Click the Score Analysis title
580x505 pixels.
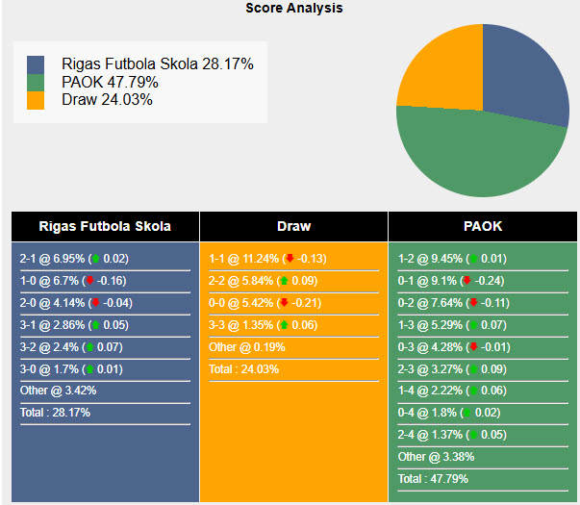pyautogui.click(x=293, y=8)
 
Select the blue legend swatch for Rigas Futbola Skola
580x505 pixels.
pyautogui.click(x=37, y=64)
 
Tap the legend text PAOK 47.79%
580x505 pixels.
pyautogui.click(x=110, y=82)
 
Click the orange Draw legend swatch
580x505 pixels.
pyautogui.click(x=37, y=99)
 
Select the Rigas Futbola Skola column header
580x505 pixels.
pyautogui.click(x=105, y=227)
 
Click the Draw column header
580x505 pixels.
pyautogui.click(x=293, y=227)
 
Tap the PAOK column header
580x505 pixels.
pyautogui.click(x=483, y=227)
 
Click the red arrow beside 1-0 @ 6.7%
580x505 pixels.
pyautogui.click(x=89, y=281)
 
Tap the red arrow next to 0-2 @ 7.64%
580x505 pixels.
pyautogui.click(x=472, y=303)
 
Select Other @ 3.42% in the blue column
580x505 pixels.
pyautogui.click(x=59, y=391)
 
